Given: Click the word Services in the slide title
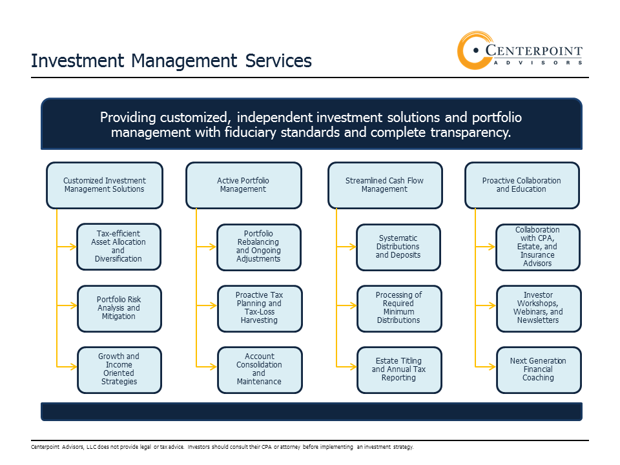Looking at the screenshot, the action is [x=278, y=61].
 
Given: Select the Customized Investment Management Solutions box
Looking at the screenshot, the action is [x=105, y=185].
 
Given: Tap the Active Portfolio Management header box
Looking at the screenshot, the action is [x=243, y=185].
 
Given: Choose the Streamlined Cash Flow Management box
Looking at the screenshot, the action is [x=385, y=185].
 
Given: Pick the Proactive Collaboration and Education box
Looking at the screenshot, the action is [x=522, y=185].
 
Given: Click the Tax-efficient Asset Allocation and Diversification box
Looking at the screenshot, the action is [x=119, y=247].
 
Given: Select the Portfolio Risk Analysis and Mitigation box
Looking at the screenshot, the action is [x=119, y=309].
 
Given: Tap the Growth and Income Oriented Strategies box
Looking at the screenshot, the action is [x=119, y=369].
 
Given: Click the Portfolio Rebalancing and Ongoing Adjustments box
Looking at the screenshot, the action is [x=259, y=247].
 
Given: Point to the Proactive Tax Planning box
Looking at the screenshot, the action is [x=260, y=309].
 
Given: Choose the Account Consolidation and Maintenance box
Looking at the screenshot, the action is [x=260, y=369].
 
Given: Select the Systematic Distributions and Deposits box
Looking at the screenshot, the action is [x=398, y=247].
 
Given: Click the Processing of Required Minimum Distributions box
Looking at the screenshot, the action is [x=399, y=309].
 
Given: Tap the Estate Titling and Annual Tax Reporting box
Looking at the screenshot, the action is [x=399, y=369].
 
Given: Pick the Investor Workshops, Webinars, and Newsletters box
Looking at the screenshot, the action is [x=539, y=309].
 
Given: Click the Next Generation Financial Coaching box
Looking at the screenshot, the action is [x=539, y=369].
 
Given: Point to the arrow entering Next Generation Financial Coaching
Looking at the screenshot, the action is [x=486, y=367].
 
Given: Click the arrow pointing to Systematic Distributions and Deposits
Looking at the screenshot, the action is [x=346, y=247].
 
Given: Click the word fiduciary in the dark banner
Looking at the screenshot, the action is [x=250, y=132].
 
